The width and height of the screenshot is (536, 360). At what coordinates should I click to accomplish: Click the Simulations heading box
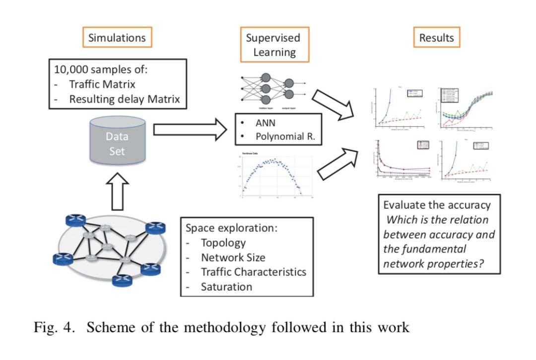pos(117,37)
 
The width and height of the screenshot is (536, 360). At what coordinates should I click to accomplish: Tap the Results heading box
pos(436,37)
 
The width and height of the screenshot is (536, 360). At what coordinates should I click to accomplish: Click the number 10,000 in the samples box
pos(72,69)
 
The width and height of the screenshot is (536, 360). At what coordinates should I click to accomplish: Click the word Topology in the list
pos(223,243)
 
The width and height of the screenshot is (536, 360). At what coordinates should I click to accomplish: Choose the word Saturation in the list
pos(226,287)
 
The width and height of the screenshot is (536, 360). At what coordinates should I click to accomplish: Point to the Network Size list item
pos(232,257)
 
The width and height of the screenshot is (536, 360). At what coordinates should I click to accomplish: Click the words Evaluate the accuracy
pos(437,205)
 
